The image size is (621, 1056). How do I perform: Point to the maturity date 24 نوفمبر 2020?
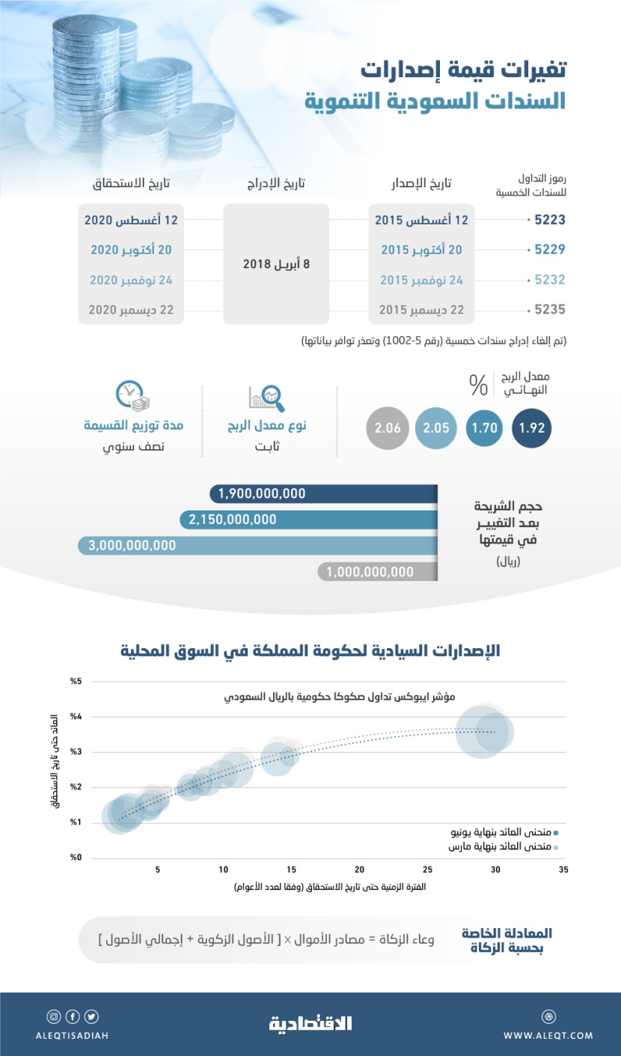[x=131, y=279]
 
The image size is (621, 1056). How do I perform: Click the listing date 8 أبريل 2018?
[x=276, y=264]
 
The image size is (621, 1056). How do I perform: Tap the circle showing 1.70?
[x=484, y=430]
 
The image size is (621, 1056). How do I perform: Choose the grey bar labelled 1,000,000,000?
[x=378, y=572]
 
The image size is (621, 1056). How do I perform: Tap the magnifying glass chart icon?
[x=268, y=397]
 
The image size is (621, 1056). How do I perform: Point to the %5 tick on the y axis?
[x=75, y=681]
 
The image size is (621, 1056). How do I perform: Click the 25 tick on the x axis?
[x=427, y=870]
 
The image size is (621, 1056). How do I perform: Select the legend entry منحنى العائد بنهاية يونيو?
[x=514, y=831]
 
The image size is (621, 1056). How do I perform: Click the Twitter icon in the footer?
[x=91, y=1016]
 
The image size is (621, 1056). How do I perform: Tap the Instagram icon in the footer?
[x=54, y=1016]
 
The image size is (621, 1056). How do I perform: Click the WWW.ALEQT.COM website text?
[x=548, y=1036]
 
